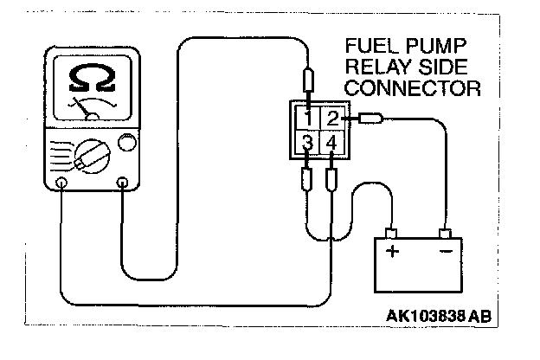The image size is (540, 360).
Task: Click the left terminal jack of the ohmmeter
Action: [x=61, y=183]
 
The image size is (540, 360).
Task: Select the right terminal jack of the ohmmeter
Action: [x=123, y=183]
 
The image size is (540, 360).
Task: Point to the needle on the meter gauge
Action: [x=88, y=112]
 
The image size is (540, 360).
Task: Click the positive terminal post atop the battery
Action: [x=392, y=233]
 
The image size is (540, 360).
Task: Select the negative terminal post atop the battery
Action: [x=447, y=233]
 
